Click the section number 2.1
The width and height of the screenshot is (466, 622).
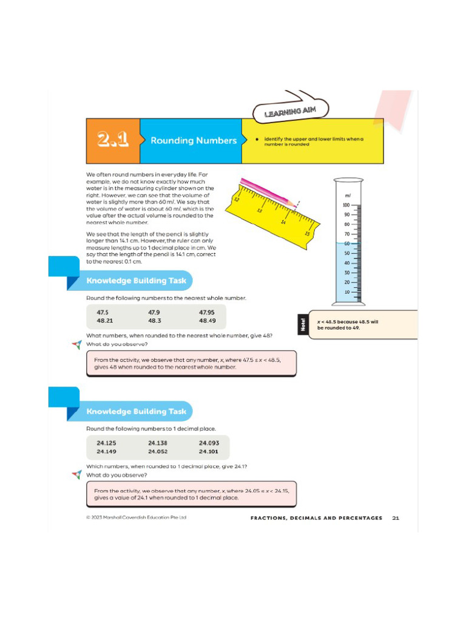[x=113, y=140]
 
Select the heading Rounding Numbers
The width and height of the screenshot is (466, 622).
[x=193, y=140]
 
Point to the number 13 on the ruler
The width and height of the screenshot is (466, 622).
[x=259, y=211]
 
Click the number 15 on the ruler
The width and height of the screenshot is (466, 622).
[x=307, y=233]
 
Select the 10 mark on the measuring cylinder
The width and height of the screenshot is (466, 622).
[x=347, y=292]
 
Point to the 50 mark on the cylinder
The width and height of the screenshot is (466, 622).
[x=347, y=253]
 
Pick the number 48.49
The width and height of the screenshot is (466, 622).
[x=208, y=321]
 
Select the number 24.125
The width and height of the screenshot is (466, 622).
[x=106, y=443]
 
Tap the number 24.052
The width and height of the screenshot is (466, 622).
[x=158, y=451]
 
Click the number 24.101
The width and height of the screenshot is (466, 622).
[x=209, y=451]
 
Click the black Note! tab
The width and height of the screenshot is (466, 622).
[x=303, y=324]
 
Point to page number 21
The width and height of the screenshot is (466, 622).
[x=396, y=518]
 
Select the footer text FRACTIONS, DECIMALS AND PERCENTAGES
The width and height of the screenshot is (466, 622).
[x=316, y=518]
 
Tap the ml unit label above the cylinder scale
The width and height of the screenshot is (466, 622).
[x=348, y=196]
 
